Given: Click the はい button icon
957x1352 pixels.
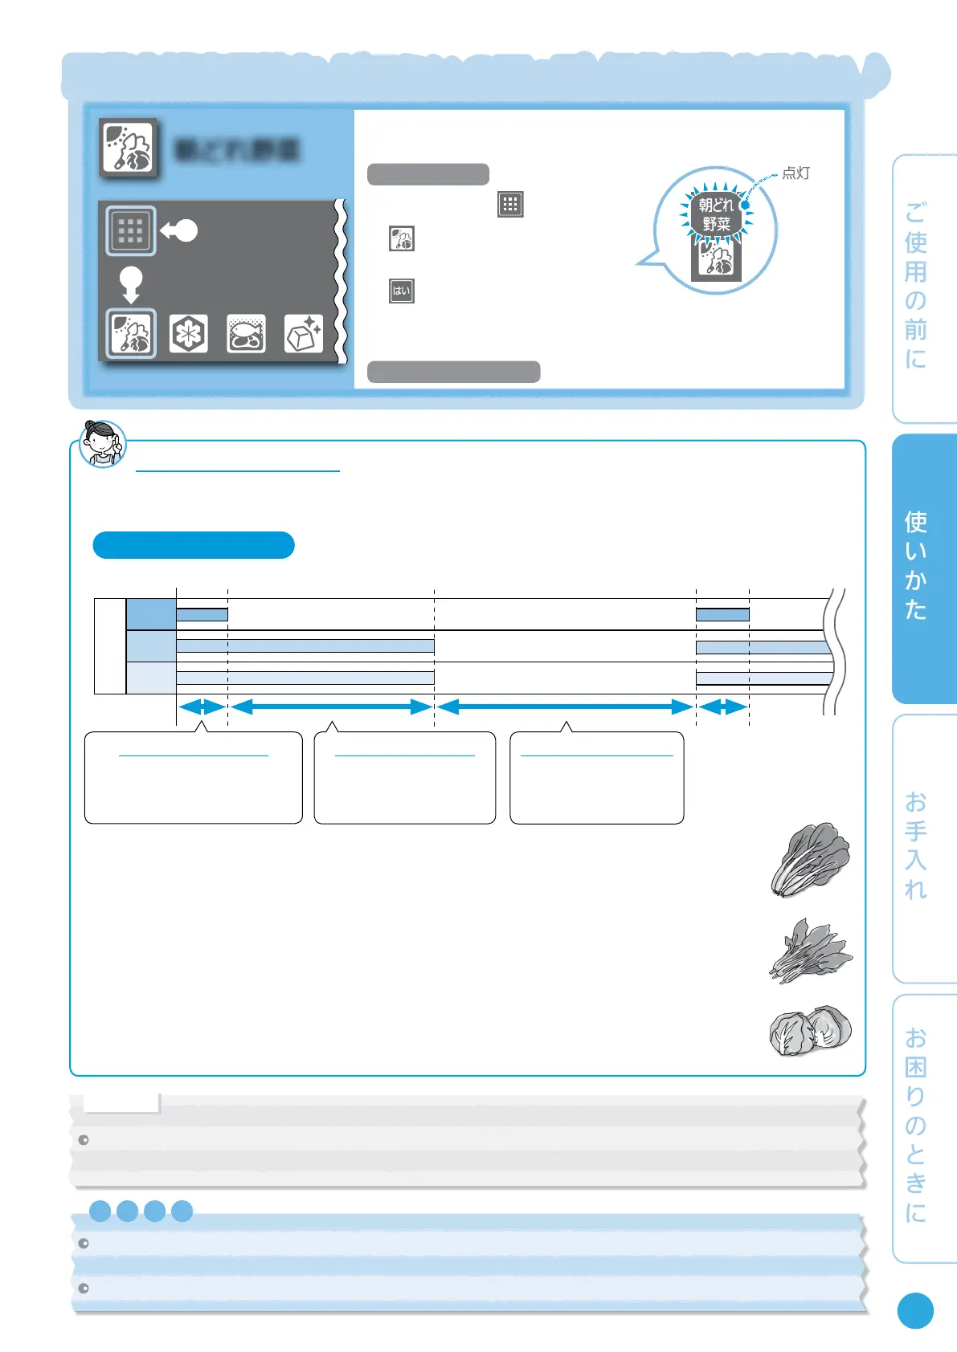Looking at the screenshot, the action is [401, 291].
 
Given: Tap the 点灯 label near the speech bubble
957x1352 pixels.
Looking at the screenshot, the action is [795, 173].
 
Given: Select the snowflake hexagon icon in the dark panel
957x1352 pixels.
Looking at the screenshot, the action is [189, 333].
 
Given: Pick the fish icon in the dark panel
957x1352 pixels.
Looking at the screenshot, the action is [246, 333].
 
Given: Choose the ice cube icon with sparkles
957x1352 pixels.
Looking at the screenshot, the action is [304, 333].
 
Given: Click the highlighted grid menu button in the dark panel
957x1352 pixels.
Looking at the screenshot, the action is [130, 230].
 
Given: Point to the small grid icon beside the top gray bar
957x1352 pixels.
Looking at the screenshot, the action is [510, 204].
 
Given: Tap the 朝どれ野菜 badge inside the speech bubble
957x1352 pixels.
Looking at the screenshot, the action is [716, 215].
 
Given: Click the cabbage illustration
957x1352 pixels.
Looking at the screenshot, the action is [809, 1032].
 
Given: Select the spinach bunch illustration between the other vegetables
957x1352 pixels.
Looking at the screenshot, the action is [809, 951].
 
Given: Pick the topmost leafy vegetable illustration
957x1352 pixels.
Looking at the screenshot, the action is [810, 860].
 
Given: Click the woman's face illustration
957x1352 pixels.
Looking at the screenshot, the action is [103, 442].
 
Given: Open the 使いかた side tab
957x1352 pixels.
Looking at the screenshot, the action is [923, 567].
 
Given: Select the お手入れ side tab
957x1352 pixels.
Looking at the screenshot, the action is [923, 847].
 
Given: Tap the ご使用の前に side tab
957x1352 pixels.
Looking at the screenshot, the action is [923, 287].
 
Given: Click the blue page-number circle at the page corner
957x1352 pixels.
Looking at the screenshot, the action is [915, 1310].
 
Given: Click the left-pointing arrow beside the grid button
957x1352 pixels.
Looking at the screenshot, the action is [178, 231].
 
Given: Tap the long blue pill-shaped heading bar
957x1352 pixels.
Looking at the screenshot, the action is [194, 545].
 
